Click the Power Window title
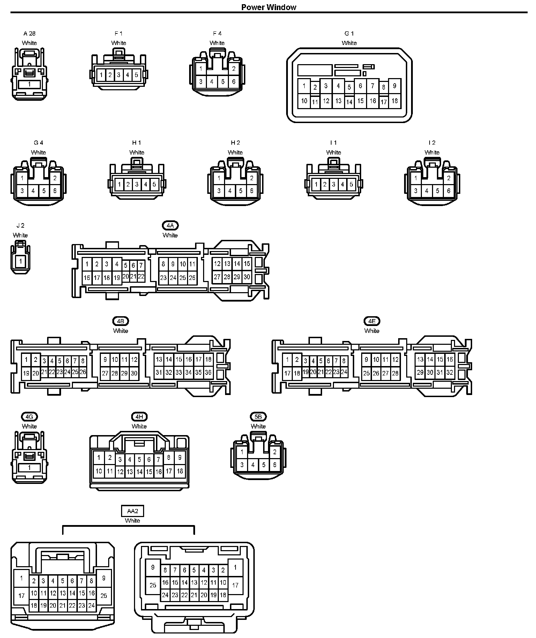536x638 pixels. click(x=269, y=7)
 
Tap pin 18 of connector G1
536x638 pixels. click(x=394, y=101)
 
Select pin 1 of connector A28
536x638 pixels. click(x=29, y=84)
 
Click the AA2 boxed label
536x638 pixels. click(x=133, y=511)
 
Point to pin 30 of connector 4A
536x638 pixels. click(x=247, y=277)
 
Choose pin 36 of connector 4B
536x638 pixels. click(x=208, y=372)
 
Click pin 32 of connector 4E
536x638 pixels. click(x=449, y=372)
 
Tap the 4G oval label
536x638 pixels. click(x=29, y=417)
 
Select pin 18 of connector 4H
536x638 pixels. click(x=180, y=471)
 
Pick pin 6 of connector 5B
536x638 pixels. click(x=275, y=465)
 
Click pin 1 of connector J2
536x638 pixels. click(x=21, y=261)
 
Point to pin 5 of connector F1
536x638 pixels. click(x=136, y=75)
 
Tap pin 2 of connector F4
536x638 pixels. click(x=234, y=69)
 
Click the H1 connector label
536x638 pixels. click(x=137, y=143)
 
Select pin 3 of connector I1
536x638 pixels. click(x=334, y=184)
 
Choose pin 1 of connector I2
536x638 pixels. click(x=415, y=178)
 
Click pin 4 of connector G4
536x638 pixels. click(x=33, y=191)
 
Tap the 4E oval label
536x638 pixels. click(x=372, y=321)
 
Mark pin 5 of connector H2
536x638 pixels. click(x=241, y=191)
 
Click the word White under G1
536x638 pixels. click(x=349, y=43)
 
